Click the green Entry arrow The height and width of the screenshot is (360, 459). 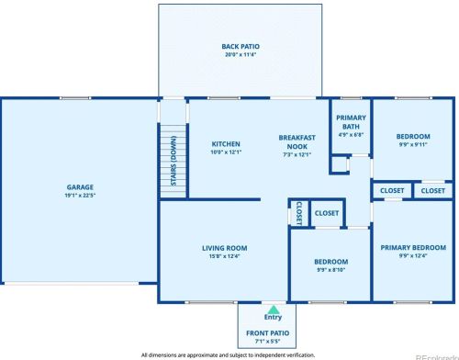coord(274,309)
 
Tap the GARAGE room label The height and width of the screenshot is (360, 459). coord(80,187)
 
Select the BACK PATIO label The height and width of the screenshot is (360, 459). coord(241,47)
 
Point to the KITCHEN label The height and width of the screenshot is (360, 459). coord(226,144)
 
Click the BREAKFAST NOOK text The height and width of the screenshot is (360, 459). coord(297,142)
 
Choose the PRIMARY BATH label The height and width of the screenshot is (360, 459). coord(351,122)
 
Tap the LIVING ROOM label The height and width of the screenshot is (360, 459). coord(225,248)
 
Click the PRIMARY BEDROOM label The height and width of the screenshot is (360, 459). coord(413,248)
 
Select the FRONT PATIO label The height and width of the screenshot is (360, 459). coord(268,333)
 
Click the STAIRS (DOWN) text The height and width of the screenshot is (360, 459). coord(174,161)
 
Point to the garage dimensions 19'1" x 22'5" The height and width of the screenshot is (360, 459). coord(80,196)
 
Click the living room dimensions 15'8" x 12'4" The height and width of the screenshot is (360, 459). coord(224,256)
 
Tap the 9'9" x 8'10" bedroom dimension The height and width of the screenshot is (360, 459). coord(331,270)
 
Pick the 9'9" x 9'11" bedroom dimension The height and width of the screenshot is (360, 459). coord(413,144)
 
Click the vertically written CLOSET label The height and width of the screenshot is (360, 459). coord(299,213)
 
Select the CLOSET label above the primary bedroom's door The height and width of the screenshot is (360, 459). coord(392,191)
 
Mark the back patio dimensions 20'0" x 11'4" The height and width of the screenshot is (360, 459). coord(241,55)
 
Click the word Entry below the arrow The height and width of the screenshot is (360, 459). coord(273,318)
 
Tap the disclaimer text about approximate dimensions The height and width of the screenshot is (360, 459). coord(228,355)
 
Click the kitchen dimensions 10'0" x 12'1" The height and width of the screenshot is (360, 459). coord(226,152)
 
